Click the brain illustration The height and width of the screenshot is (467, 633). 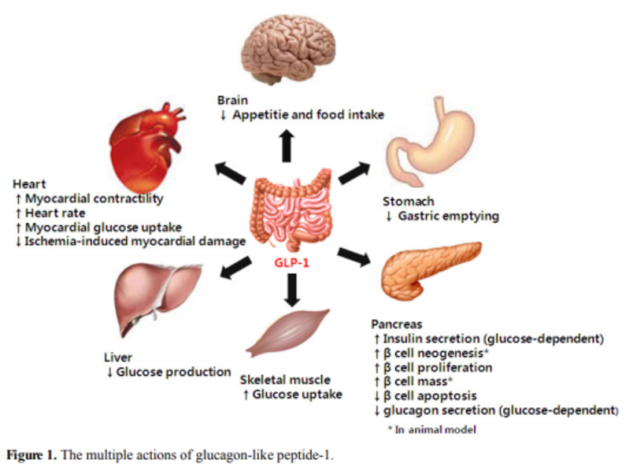289,49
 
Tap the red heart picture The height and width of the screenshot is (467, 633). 147,148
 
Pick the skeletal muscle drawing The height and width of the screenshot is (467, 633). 287,334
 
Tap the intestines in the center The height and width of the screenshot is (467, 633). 291,210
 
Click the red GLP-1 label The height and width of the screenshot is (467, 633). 291,263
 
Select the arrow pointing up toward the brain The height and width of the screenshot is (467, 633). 287,146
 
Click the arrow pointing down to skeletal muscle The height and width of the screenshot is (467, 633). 292,290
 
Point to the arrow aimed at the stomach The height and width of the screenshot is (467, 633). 354,173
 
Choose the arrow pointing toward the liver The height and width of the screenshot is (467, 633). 235,268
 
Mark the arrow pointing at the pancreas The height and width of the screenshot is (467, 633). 354,257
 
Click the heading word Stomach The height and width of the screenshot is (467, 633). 408,201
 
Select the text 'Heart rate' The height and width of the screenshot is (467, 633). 55,213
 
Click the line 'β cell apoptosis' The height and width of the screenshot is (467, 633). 430,396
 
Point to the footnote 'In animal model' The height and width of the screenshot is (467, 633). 435,430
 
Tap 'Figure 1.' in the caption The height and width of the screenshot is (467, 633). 32,455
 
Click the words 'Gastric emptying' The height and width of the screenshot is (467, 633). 448,216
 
